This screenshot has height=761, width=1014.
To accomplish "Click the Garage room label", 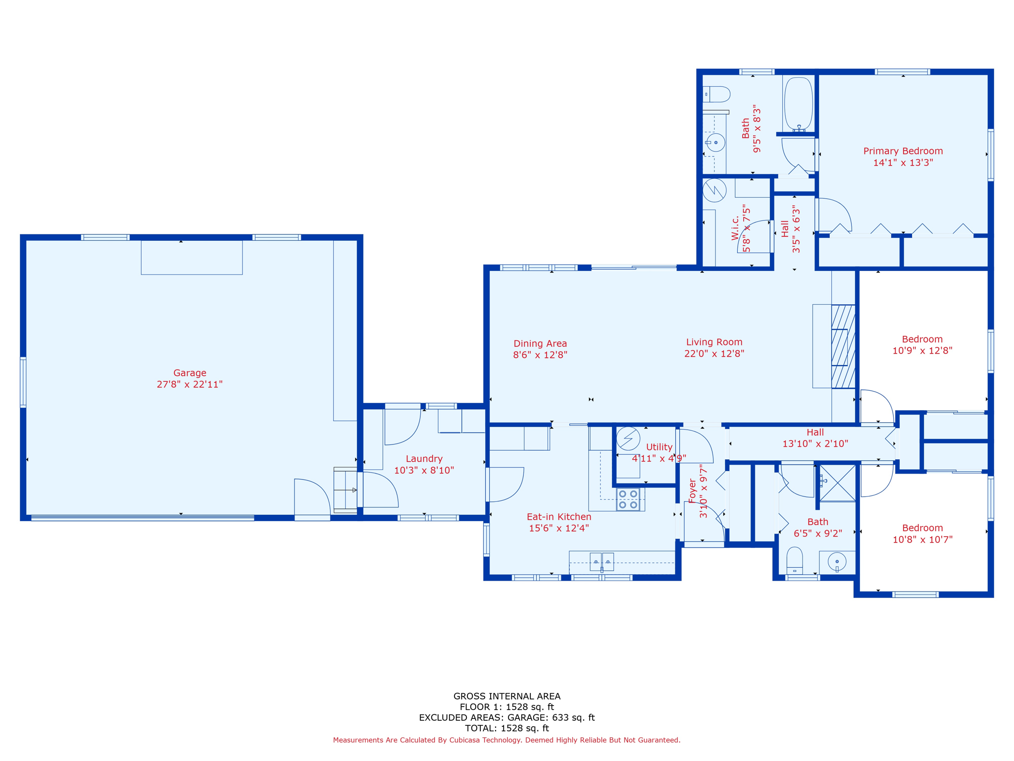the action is point(190,373).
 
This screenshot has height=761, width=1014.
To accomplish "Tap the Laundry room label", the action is point(424,459).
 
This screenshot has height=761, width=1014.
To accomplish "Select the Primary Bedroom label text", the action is point(903,151).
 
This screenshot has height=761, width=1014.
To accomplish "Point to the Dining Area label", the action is point(540,343).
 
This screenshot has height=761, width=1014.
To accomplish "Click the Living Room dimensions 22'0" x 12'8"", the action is point(714,353).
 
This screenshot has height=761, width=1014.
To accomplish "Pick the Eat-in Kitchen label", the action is point(559,517).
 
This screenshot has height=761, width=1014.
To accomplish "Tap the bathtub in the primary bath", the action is point(798,104).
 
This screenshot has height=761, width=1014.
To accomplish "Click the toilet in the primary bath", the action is point(716,94).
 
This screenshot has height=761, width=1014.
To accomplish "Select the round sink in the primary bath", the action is point(715,143).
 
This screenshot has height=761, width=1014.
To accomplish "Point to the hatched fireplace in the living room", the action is point(843,346).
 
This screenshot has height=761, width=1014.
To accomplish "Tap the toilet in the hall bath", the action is point(795,561).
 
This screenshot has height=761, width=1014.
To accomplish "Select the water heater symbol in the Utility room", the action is point(628,438).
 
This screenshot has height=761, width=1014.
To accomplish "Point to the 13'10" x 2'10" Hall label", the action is point(815,438).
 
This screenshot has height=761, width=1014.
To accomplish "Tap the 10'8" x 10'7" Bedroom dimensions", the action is point(922,540).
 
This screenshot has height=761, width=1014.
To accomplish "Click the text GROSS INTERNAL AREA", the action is point(507,696).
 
